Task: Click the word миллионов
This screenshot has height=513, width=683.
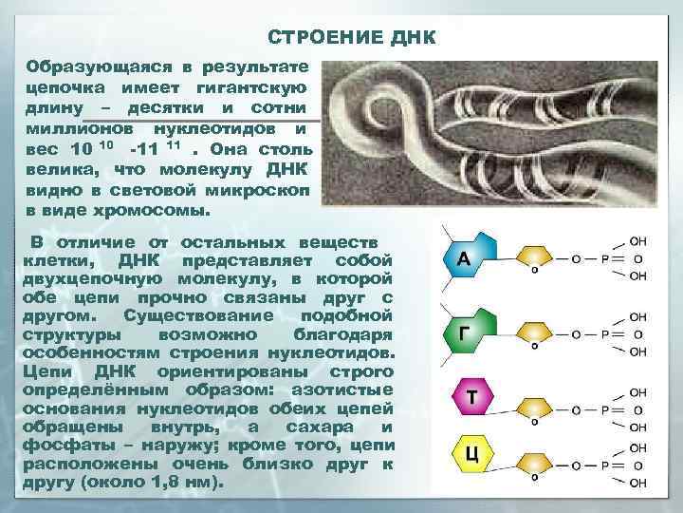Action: click(78, 128)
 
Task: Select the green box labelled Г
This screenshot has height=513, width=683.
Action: click(464, 332)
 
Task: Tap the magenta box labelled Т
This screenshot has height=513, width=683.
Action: click(467, 398)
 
